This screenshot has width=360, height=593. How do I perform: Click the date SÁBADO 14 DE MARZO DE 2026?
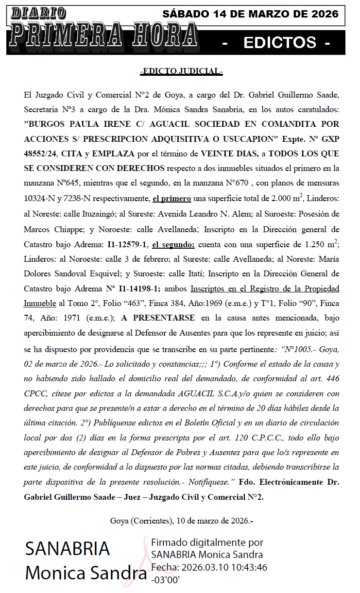pos(250,14)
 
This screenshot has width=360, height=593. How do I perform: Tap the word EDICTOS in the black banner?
pos(280,43)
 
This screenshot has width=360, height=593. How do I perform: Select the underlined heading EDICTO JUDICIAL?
pos(181,71)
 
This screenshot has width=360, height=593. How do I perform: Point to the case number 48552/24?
pos(41,153)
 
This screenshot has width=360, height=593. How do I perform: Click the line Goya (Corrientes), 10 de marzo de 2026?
pos(181,521)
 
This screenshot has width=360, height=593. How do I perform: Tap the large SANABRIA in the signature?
pos(68,549)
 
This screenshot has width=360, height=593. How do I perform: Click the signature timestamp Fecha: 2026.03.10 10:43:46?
pos(209,567)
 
